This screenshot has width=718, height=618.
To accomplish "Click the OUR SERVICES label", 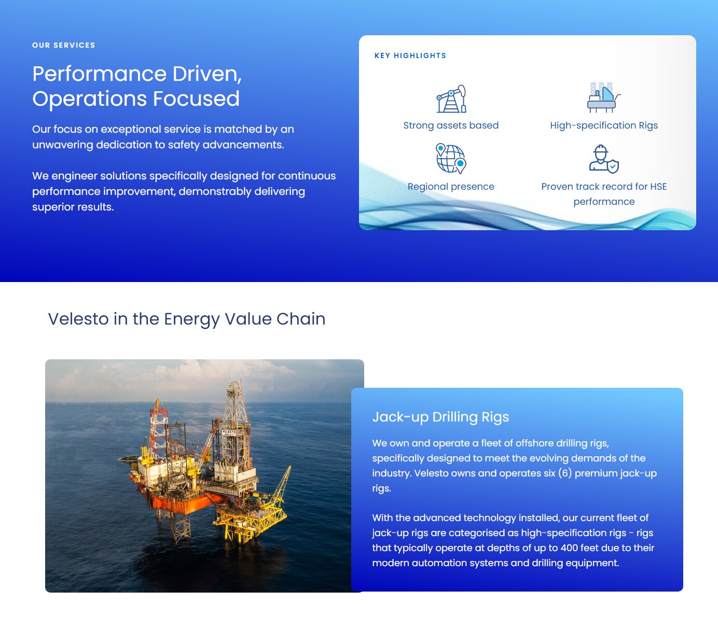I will tap(63, 45).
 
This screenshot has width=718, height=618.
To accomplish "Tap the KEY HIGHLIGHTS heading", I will tap(410, 55).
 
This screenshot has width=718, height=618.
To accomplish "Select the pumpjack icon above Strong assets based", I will tap(451, 99).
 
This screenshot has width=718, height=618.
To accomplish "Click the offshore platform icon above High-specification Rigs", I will tap(603, 97).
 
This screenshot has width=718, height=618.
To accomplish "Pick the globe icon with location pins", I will tap(451, 159).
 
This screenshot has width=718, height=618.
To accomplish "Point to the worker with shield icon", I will tap(603, 159).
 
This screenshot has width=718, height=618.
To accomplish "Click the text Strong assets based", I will tap(451, 125).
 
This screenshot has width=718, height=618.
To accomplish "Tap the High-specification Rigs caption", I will tap(603, 125).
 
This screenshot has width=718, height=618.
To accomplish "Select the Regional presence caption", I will tap(451, 187).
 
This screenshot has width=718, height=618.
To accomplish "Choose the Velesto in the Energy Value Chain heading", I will tap(187, 319).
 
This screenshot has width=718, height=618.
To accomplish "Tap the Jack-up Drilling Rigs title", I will tap(440, 417).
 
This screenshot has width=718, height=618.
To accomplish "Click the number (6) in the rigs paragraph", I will tap(564, 473).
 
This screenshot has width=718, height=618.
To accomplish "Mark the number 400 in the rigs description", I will tap(569, 548).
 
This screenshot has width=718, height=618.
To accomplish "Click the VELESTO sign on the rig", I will tap(229, 432).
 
